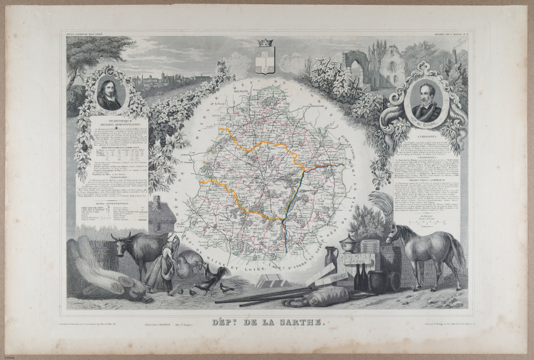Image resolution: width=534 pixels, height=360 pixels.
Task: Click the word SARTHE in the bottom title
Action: pos(299,323)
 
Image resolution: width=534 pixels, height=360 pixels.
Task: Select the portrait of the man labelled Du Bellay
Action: pos(110,94)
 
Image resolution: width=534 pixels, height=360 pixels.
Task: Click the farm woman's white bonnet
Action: pos(170,236)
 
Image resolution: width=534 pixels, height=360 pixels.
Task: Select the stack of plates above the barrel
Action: pos(370,246)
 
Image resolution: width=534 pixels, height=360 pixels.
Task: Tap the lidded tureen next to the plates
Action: pos(349,242)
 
